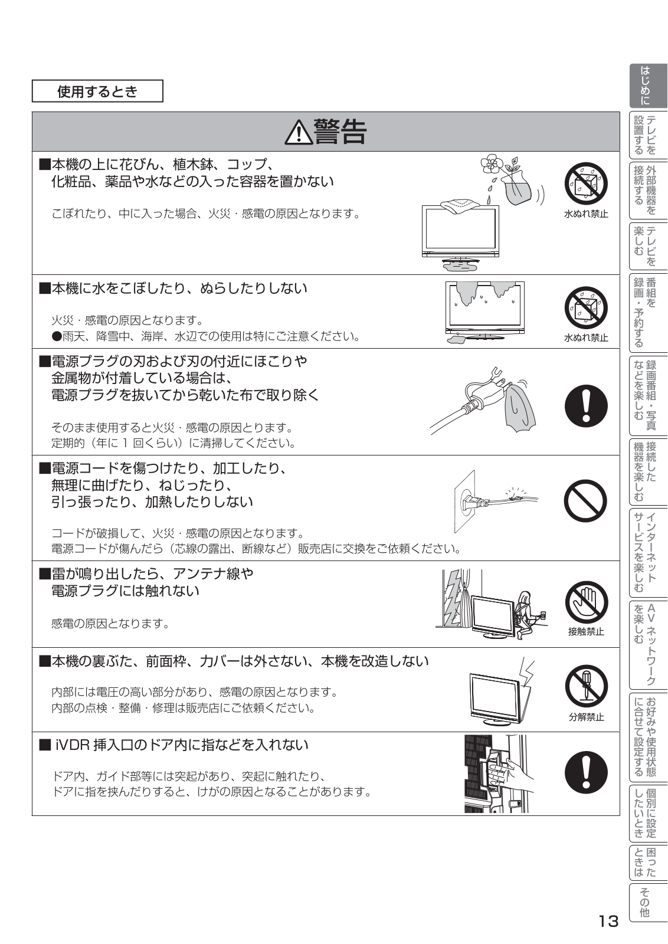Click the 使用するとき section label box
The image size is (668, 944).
[97, 91]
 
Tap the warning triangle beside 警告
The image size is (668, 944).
[299, 132]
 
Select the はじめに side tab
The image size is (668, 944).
[648, 86]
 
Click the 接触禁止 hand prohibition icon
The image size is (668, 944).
[586, 604]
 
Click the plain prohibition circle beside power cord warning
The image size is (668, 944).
[586, 501]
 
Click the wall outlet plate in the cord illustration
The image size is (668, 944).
[464, 501]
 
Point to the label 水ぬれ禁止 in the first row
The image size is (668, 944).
[586, 214]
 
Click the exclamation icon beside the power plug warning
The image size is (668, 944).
[586, 406]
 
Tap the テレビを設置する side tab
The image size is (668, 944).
[648, 135]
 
